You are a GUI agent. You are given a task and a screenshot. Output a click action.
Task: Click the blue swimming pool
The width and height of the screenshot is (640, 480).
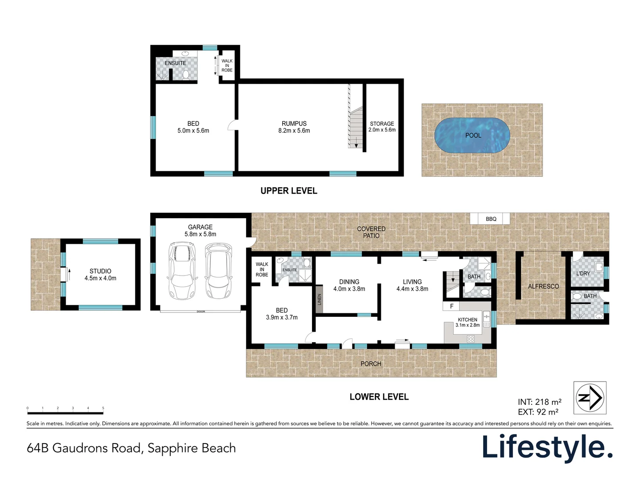[x=472, y=136]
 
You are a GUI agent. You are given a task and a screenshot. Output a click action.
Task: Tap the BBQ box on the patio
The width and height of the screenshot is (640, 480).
[x=490, y=219]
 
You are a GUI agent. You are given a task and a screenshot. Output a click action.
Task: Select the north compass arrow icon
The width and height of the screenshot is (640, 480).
[x=590, y=398]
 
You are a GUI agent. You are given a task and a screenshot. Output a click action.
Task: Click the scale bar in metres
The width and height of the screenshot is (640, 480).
[x=65, y=413]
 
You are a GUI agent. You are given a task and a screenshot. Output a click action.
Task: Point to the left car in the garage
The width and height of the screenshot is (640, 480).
[x=182, y=271]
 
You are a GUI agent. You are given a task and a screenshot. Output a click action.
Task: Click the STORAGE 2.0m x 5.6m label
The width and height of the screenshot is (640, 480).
[x=382, y=127]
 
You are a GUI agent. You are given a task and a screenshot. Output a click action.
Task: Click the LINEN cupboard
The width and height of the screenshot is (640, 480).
[x=319, y=299]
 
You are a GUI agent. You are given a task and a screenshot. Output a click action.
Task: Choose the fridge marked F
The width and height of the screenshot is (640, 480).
[x=452, y=306]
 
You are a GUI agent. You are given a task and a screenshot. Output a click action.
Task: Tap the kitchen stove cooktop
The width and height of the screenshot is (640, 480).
[x=471, y=339]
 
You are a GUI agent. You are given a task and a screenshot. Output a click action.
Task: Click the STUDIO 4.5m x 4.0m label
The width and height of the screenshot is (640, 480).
[x=100, y=274]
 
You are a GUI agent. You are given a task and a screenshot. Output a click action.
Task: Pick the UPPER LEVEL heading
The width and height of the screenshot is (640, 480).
[x=288, y=191]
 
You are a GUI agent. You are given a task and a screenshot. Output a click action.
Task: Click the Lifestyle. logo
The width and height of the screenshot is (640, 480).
[x=547, y=447]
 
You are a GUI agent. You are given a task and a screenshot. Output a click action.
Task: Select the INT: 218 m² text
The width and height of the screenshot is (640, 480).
[x=539, y=402]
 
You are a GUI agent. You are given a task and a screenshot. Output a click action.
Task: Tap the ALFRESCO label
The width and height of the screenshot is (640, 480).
[x=543, y=286]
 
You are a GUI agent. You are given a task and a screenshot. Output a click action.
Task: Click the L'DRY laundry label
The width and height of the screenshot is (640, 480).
[x=583, y=273]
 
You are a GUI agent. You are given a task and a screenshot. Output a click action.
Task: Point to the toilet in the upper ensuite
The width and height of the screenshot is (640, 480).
[x=186, y=74]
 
